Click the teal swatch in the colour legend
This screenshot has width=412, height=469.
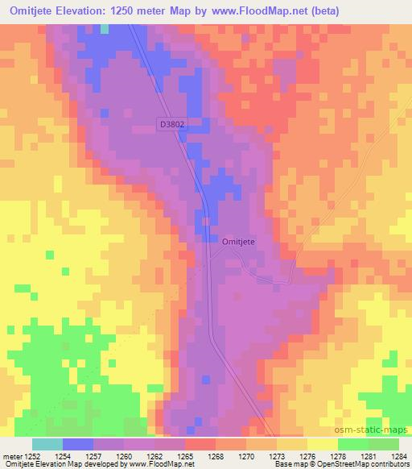pos(47,445)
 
